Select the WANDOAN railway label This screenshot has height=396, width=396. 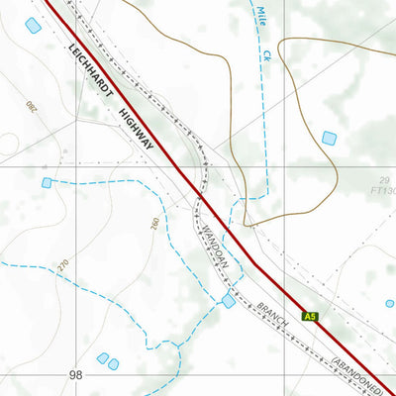pos(215,244)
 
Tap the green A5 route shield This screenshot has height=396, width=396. pos(310,317)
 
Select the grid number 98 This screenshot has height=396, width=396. pos(77,377)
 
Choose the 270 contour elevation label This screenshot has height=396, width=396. pos(65,265)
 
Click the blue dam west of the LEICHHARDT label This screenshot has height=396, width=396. pos(33,26)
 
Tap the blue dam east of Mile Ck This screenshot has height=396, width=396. pos(329,138)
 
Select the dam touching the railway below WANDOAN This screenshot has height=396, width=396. pos(229,300)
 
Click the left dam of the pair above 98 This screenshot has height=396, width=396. pos(102,357)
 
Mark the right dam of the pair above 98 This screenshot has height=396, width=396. pos(113,364)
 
